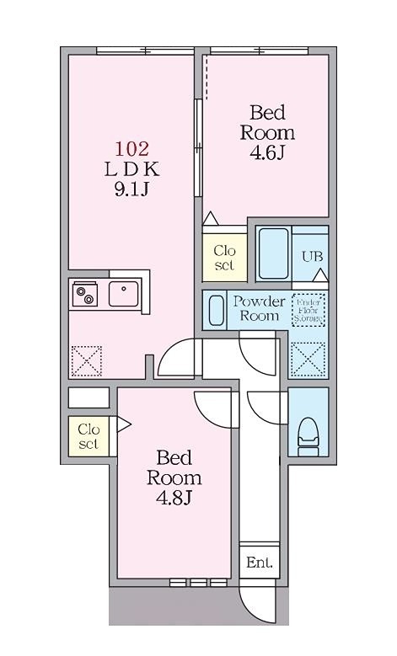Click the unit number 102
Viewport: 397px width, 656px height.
click(x=131, y=149)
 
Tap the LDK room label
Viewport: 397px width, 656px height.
click(x=131, y=169)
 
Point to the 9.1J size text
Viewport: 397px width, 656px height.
click(x=131, y=189)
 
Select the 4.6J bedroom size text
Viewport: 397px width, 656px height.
click(x=267, y=152)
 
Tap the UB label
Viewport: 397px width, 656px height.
click(x=310, y=257)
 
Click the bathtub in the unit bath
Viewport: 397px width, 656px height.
click(x=273, y=253)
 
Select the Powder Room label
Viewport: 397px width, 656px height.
click(x=259, y=309)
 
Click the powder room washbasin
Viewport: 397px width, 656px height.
click(x=216, y=309)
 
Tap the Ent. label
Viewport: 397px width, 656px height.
click(x=260, y=563)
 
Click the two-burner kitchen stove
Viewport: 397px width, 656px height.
click(x=84, y=294)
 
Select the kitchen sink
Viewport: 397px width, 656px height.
click(x=123, y=293)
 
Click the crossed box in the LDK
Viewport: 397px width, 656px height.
click(x=84, y=361)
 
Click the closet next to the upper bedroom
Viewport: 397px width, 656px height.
click(x=224, y=258)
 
